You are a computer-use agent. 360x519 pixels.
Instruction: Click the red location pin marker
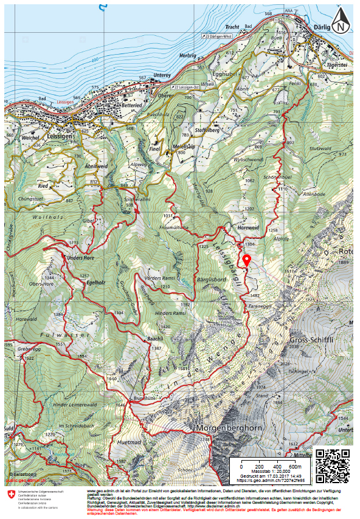247,259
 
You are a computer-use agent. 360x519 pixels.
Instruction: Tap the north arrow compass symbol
342,23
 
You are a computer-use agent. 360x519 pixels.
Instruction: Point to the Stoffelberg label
207,129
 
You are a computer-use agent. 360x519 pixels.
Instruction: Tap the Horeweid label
249,228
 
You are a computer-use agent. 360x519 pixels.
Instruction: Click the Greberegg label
29,349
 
